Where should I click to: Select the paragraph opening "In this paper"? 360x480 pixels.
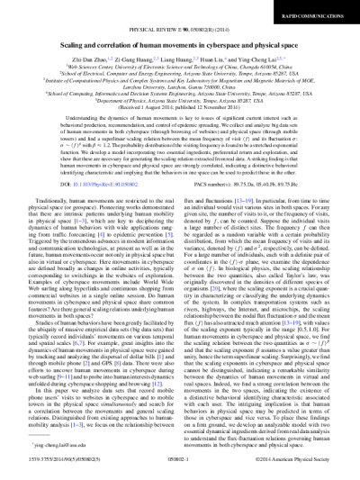(108, 379)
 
